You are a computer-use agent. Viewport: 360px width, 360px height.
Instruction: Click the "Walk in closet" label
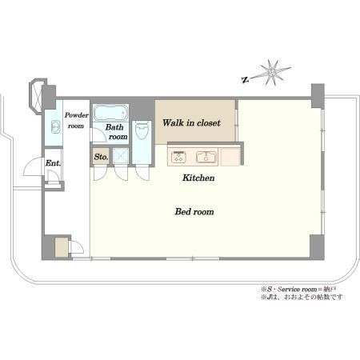click(191, 123)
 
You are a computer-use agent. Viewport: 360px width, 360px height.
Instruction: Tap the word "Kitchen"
click(198, 178)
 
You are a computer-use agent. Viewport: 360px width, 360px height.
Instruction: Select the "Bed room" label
click(194, 212)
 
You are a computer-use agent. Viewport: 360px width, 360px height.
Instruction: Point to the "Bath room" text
click(116, 132)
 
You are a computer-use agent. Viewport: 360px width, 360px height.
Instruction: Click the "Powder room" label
click(77, 120)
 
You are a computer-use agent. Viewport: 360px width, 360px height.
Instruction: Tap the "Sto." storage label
click(101, 157)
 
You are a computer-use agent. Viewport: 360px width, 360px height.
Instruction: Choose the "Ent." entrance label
click(53, 163)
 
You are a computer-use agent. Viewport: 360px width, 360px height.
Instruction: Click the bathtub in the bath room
click(110, 113)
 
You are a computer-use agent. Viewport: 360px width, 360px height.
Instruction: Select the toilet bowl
click(142, 130)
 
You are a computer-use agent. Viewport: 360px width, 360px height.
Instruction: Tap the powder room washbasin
click(55, 127)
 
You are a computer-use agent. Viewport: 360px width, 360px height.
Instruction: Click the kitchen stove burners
click(178, 157)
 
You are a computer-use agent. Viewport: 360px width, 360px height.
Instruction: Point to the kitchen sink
click(206, 157)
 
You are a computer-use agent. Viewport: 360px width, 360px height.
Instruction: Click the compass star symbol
click(272, 72)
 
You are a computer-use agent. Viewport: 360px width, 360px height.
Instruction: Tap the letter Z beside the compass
click(245, 79)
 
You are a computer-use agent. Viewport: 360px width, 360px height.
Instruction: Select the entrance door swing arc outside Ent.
click(32, 166)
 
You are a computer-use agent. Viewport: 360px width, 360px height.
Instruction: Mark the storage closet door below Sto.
click(100, 173)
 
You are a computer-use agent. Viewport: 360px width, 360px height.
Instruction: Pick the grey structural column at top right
click(318, 96)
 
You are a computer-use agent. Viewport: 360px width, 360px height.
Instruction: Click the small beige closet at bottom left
click(62, 247)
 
